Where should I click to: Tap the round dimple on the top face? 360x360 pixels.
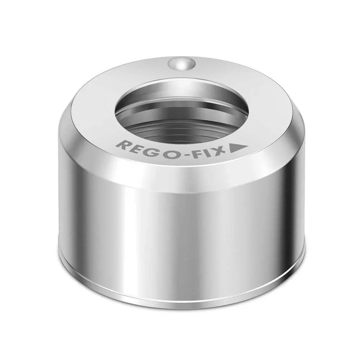point(181,64)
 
